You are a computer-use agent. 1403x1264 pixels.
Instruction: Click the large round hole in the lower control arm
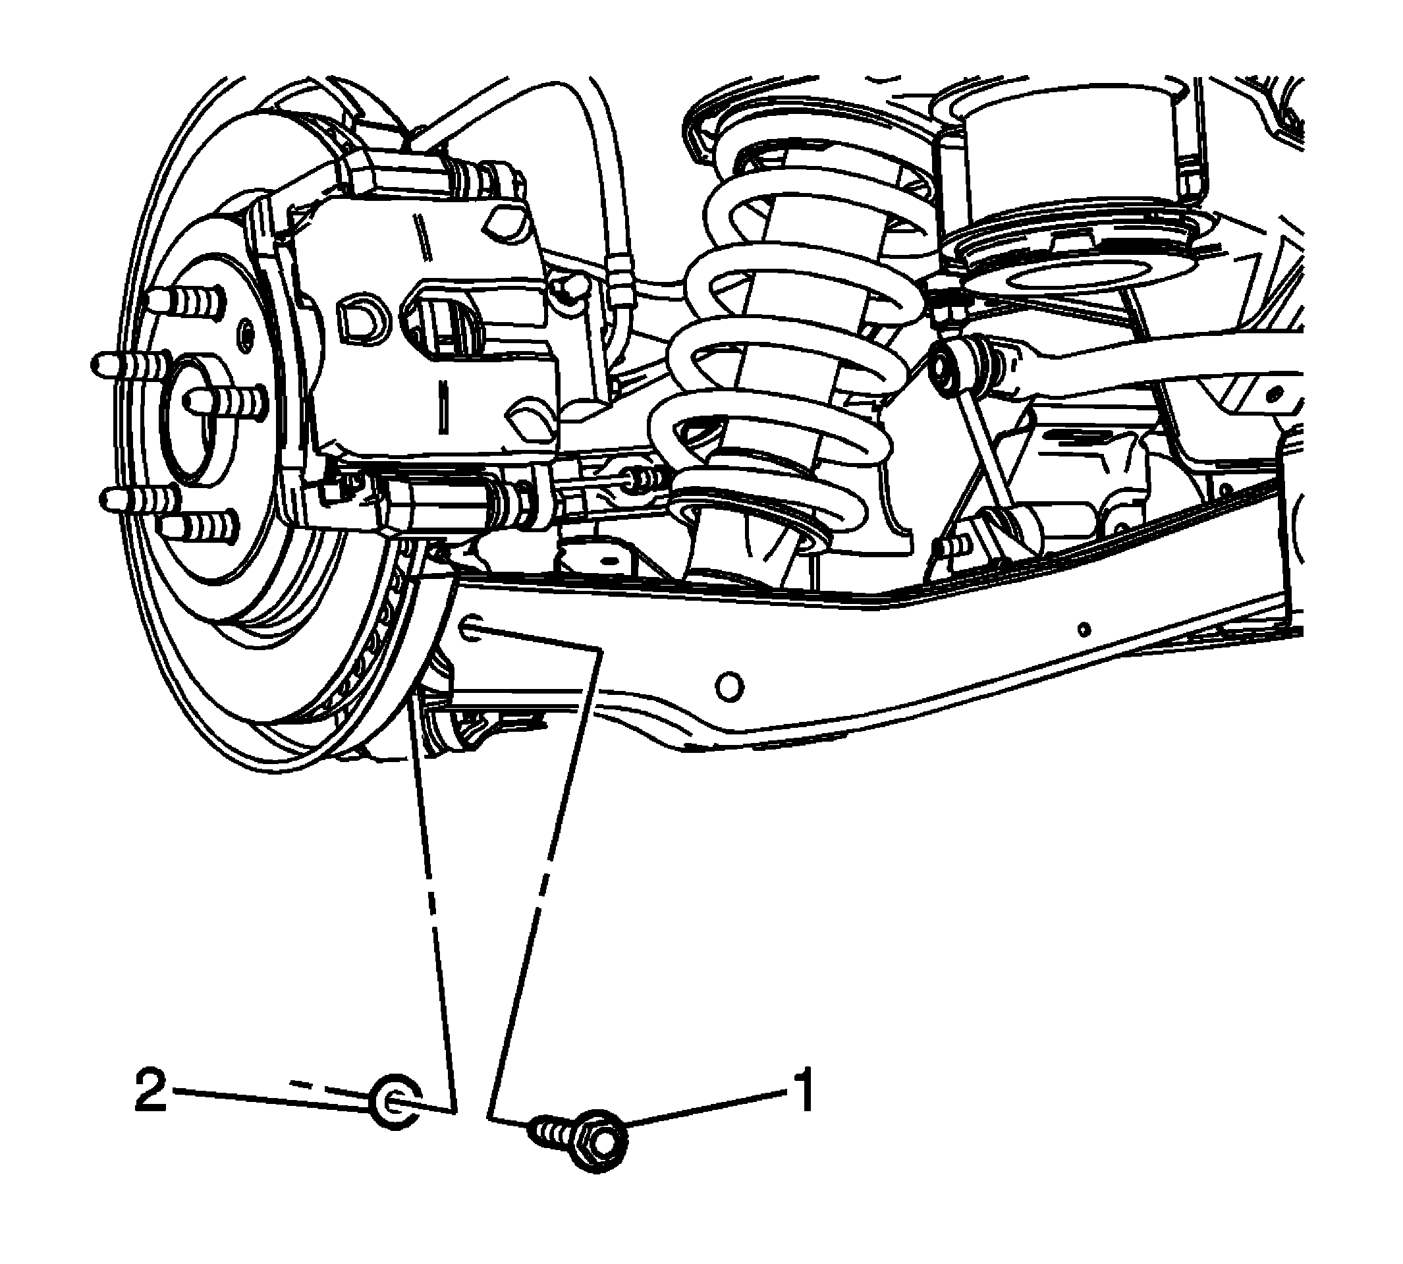(x=729, y=688)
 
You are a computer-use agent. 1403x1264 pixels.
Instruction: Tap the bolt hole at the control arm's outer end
(x=471, y=628)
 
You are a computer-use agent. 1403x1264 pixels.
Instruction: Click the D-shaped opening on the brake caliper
(x=359, y=320)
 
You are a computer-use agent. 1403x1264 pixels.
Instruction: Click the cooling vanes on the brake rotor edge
(x=375, y=632)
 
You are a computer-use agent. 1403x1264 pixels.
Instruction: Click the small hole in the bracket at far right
(x=1275, y=394)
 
